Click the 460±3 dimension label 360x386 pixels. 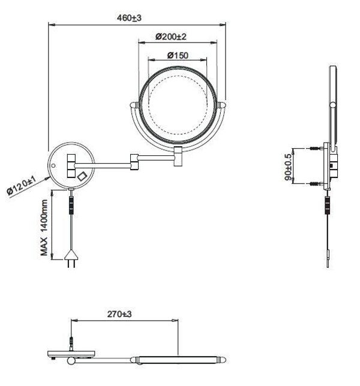[x=129, y=18]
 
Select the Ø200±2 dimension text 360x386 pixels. [x=171, y=37]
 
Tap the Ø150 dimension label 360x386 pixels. [x=178, y=55]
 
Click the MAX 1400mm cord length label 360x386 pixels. [x=44, y=228]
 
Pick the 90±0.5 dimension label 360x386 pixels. [x=287, y=167]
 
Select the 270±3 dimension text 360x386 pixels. [x=119, y=314]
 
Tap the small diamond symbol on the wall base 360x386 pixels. [x=82, y=176]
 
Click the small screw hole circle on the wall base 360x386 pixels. [x=53, y=165]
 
